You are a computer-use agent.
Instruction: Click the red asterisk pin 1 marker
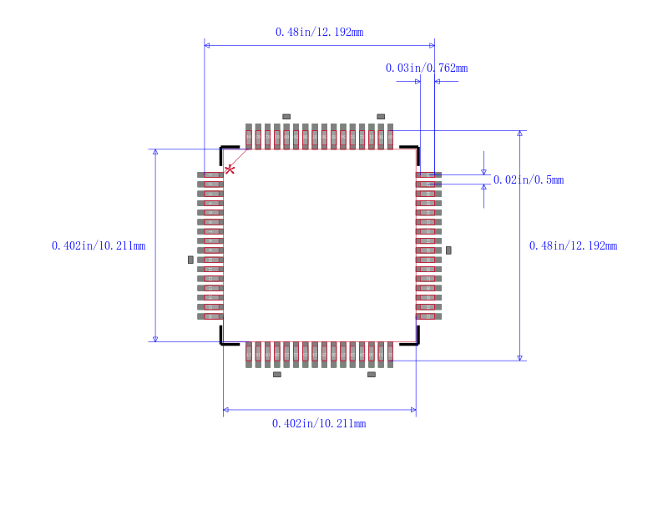[230, 169]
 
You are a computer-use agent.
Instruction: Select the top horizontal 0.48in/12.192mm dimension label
[319, 32]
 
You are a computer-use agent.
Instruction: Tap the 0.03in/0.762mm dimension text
[426, 68]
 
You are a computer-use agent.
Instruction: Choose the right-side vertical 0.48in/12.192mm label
[573, 245]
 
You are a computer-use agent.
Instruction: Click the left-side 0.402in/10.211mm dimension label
[99, 245]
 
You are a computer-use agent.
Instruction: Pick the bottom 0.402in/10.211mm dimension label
[319, 423]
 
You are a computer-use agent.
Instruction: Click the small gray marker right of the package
[448, 250]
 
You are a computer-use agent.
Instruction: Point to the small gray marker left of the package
[190, 260]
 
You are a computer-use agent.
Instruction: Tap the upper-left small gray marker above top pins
[286, 116]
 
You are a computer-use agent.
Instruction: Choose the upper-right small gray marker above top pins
[381, 116]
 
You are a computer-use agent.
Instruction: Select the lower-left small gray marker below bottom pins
[277, 374]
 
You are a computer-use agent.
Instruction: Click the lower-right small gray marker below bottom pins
[372, 374]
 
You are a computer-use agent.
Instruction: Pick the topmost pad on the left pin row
[210, 174]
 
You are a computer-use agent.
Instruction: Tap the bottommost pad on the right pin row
[428, 316]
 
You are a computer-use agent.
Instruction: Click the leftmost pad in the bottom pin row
[249, 354]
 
